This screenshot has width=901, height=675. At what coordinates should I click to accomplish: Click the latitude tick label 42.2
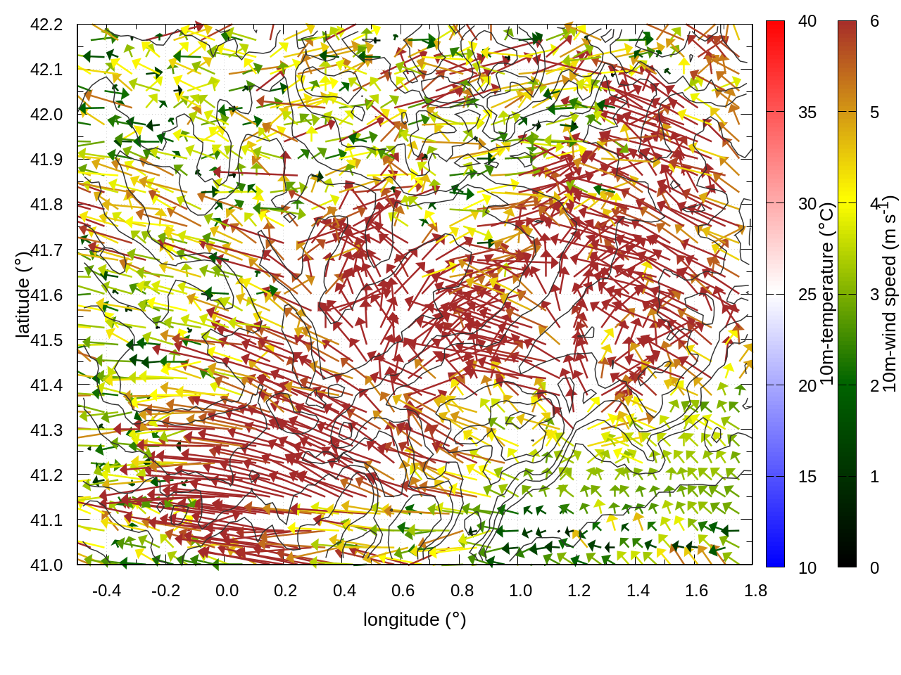click(x=46, y=25)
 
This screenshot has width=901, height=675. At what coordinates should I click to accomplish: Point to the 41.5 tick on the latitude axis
click(x=46, y=340)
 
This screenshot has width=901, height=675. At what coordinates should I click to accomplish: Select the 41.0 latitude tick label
click(x=46, y=565)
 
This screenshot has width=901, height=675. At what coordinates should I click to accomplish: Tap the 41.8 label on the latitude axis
click(x=46, y=205)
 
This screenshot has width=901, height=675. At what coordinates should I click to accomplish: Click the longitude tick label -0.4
click(x=107, y=591)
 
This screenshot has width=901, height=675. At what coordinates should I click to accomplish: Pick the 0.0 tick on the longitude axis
click(x=227, y=591)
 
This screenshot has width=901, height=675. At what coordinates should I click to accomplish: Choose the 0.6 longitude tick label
click(x=403, y=591)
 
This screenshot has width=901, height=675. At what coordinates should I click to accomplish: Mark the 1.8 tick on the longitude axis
click(x=756, y=591)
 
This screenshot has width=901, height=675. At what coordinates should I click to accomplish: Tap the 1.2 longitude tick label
click(x=579, y=591)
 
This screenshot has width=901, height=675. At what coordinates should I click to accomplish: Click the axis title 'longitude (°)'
click(x=415, y=619)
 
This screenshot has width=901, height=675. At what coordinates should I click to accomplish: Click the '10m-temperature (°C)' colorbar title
click(x=828, y=294)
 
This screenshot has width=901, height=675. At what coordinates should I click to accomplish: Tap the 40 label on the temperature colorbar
click(x=807, y=22)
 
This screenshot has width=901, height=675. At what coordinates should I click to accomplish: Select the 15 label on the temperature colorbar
click(x=807, y=477)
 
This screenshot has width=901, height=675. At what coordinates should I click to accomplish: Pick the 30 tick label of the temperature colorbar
click(x=807, y=204)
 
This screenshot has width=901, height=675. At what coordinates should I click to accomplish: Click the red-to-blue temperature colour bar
click(x=775, y=294)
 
